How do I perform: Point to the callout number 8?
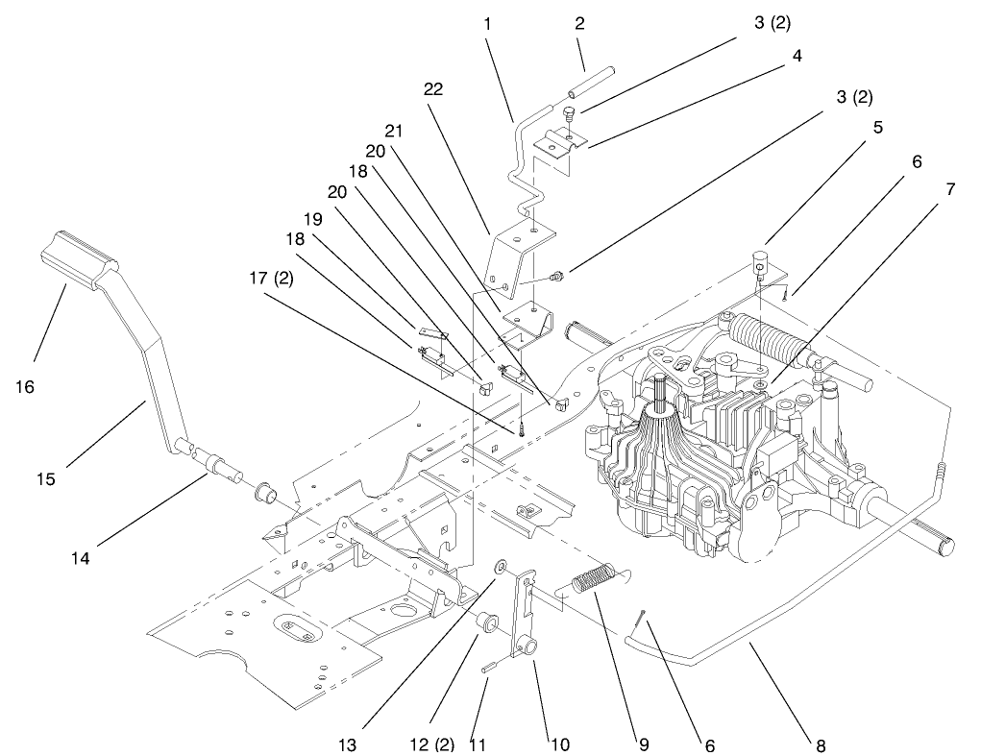(x=819, y=744)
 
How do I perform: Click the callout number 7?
(x=949, y=189)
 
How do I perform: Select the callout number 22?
(x=432, y=88)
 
